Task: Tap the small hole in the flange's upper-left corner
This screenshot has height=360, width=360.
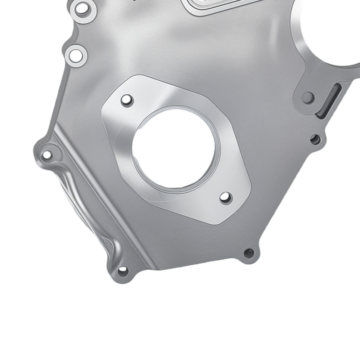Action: [x=127, y=100]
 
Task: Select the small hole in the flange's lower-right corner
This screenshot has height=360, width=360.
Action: [x=226, y=197]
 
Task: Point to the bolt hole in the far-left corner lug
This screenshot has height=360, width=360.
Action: [x=47, y=156]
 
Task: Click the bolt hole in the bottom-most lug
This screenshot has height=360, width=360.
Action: [x=123, y=270]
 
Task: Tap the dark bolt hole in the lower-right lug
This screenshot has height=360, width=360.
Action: [x=249, y=253]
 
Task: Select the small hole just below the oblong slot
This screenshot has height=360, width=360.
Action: [x=316, y=139]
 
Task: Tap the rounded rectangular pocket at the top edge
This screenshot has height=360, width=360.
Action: [x=216, y=4]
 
